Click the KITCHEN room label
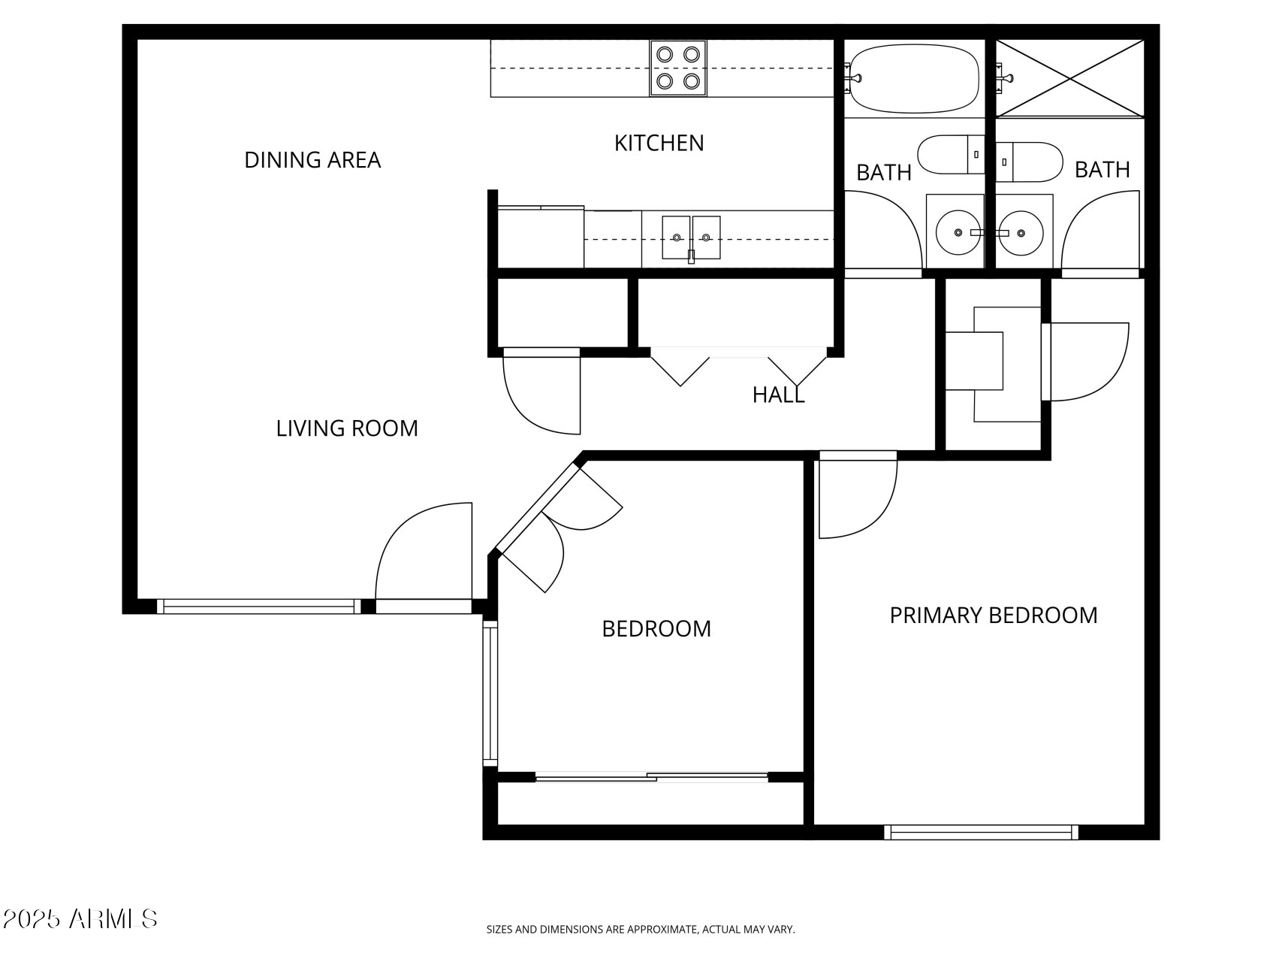point(659,143)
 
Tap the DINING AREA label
point(312,160)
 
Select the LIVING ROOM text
point(347,428)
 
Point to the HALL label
point(778,395)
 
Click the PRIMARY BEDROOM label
point(993,616)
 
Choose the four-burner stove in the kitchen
point(678,68)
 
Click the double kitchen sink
point(691,237)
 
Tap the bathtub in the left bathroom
point(915,78)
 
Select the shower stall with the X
point(1069,78)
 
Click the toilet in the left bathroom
point(951,154)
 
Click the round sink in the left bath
point(958,232)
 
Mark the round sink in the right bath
point(1022,232)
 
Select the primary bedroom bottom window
point(980,832)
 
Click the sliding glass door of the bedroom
point(651,778)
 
